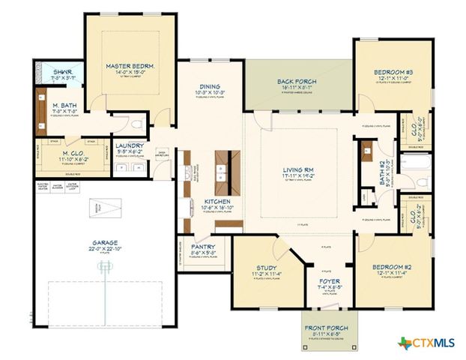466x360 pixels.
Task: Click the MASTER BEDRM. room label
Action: [x=130, y=66]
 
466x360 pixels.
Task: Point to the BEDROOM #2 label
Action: [x=393, y=267]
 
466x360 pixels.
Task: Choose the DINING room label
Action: [x=210, y=86]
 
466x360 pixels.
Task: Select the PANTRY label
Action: [x=203, y=247]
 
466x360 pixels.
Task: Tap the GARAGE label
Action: [x=104, y=243]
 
